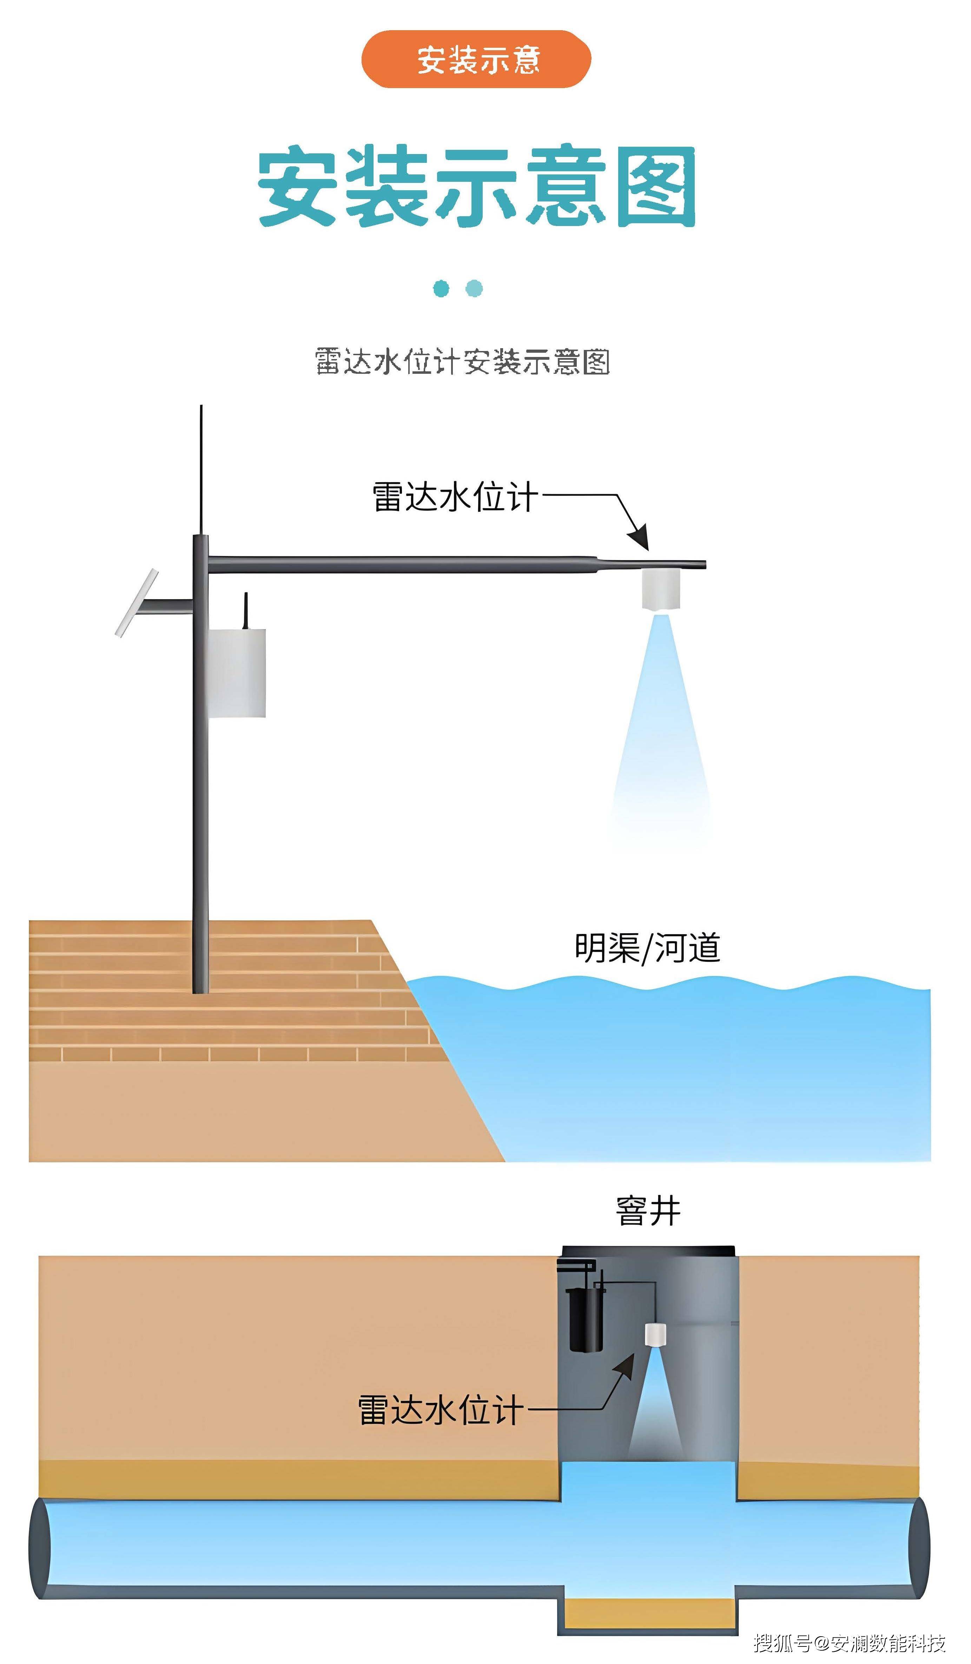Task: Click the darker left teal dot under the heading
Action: click(x=441, y=289)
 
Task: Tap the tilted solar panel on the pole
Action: click(x=137, y=603)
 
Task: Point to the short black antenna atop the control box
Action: click(x=246, y=610)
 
